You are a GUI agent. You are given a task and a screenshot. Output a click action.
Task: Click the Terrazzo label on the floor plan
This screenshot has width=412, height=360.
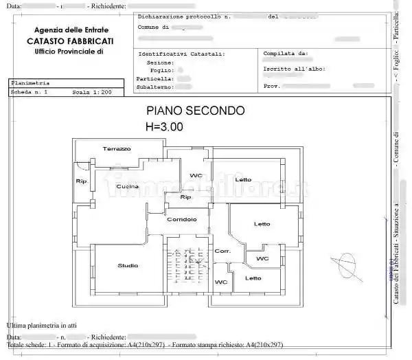tap(117, 149)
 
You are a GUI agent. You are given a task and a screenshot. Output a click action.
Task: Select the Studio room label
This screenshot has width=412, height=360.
tap(128, 265)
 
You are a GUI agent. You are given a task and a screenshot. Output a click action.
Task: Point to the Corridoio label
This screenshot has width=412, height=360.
tap(182, 219)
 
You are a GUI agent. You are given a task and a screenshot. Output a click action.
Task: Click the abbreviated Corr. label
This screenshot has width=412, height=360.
tap(222, 251)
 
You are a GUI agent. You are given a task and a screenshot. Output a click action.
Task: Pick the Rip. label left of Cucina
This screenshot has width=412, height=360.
tap(82, 181)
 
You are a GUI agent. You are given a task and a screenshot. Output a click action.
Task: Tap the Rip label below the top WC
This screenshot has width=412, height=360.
tap(185, 197)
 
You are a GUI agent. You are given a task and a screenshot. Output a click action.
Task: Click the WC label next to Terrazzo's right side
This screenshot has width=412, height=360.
tap(196, 175)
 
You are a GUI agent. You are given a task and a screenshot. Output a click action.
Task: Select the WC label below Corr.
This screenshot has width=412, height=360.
tap(221, 282)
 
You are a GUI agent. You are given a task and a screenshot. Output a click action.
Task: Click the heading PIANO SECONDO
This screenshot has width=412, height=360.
tap(195, 111)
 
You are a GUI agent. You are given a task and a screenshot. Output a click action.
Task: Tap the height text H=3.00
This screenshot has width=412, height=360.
tap(164, 126)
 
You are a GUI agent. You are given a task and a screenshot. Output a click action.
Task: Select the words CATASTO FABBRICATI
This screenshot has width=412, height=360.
tap(71, 41)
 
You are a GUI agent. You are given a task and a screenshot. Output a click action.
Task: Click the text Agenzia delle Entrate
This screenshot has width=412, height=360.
tap(71, 30)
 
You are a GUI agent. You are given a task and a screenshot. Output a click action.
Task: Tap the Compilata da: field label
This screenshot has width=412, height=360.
tap(285, 53)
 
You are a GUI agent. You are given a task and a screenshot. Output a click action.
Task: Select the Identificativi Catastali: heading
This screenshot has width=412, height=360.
tap(181, 53)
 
